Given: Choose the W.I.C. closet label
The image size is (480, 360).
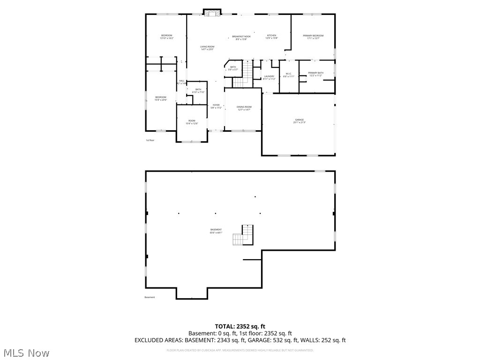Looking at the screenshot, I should point(289,75).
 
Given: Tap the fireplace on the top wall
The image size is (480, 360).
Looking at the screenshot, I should point(212,12).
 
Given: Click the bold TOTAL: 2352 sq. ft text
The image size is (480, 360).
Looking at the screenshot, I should point(240,326).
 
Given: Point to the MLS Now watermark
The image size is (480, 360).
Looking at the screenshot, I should point(26,352).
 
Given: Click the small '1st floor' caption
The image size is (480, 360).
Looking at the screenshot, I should point(150,140).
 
